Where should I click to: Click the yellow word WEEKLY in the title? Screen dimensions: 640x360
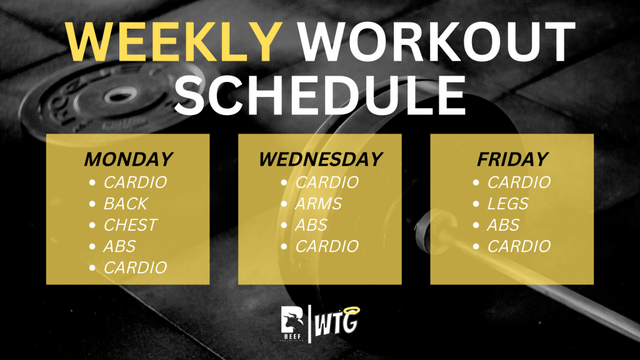click(x=174, y=42)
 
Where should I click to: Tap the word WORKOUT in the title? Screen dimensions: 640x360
click(x=436, y=42)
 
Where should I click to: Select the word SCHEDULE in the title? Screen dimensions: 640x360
click(x=320, y=95)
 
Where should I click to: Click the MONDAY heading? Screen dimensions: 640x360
click(x=129, y=159)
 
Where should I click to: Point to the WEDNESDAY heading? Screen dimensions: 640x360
click(x=321, y=159)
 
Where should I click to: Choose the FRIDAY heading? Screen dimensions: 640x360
click(x=512, y=159)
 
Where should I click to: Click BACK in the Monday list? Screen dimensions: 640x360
click(x=125, y=204)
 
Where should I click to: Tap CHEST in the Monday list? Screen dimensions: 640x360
click(x=130, y=225)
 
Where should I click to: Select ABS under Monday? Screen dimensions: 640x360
click(x=119, y=246)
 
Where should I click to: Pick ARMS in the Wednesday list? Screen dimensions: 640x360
click(x=318, y=204)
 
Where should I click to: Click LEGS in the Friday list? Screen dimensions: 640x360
click(x=507, y=204)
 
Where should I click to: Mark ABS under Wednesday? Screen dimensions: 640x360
click(x=311, y=225)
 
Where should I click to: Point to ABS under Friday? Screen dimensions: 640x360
click(x=503, y=225)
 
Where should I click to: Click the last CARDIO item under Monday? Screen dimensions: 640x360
click(x=135, y=267)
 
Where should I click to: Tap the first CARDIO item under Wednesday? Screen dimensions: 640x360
click(x=327, y=182)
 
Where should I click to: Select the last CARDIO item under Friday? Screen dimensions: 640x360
click(x=519, y=246)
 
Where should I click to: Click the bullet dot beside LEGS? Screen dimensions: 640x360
click(x=476, y=204)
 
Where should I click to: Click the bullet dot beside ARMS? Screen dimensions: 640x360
click(x=284, y=204)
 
